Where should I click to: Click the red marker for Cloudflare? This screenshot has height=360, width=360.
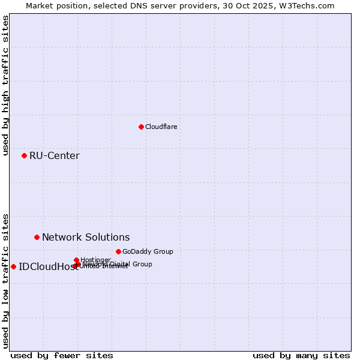click(141, 127)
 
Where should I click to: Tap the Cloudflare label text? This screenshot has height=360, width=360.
click(161, 127)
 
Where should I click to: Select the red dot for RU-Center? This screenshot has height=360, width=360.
click(24, 155)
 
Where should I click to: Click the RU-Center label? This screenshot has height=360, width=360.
click(54, 156)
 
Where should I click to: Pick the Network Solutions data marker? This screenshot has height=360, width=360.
click(37, 237)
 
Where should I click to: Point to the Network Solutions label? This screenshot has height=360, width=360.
click(86, 237)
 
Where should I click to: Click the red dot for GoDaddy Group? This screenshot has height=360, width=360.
click(118, 251)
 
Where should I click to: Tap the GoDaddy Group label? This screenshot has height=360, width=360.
click(148, 251)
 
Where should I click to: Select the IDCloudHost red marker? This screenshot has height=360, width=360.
click(13, 266)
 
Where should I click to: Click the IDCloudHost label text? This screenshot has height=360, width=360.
click(48, 267)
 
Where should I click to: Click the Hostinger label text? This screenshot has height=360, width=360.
click(95, 260)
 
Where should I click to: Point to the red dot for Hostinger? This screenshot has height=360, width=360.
click(76, 260)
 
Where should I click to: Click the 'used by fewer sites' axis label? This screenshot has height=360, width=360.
click(62, 355)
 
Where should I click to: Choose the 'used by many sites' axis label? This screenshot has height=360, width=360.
click(301, 355)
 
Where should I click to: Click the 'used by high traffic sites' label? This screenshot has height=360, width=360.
click(5, 85)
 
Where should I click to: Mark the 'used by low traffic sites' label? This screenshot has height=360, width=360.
click(5, 280)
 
